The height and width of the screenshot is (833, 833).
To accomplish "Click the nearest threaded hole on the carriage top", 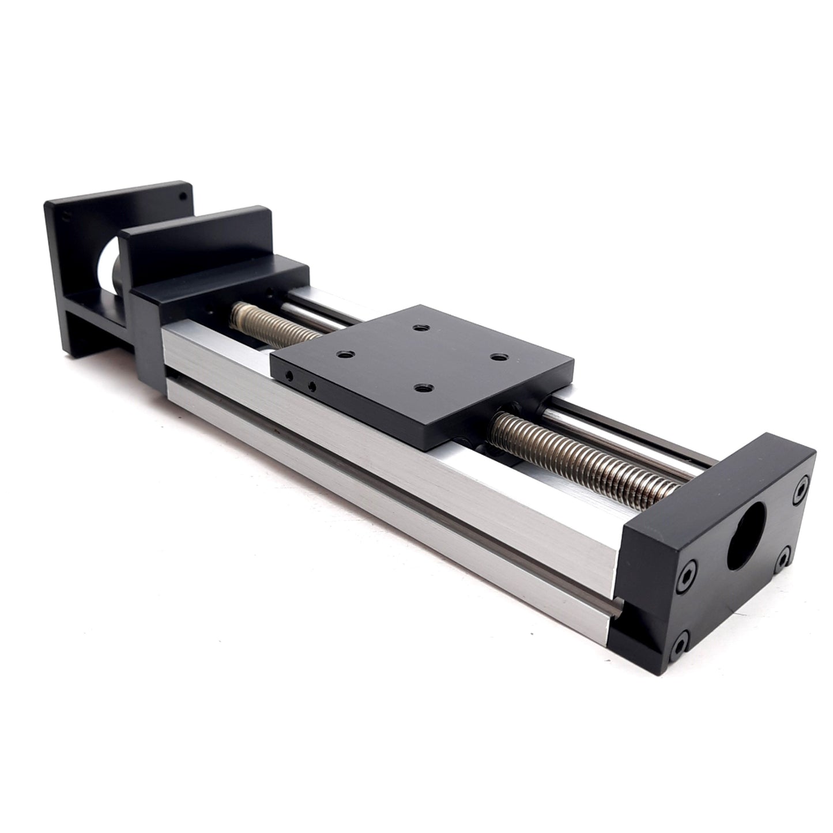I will (425, 388).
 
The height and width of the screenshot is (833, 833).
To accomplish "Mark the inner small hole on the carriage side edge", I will (312, 386).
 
